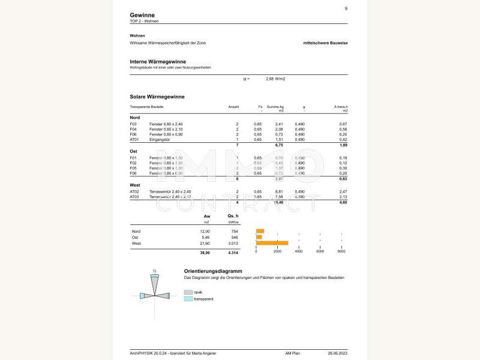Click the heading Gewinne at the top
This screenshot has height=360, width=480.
coord(142,15)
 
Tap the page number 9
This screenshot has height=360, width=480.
coord(346,8)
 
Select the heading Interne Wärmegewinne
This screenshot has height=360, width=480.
coord(158,61)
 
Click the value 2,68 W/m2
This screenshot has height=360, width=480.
coord(275,79)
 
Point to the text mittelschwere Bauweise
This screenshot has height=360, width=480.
coord(325,43)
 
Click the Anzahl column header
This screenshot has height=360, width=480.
coord(233,107)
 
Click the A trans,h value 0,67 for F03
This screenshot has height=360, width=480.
coord(343,124)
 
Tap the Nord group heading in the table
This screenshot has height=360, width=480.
coord(135,117)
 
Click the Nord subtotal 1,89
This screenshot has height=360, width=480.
coord(343,145)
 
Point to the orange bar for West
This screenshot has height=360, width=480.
coord(272,243)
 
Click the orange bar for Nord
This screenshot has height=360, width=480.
coord(260,231)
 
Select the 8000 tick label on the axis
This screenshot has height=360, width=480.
coord(341,251)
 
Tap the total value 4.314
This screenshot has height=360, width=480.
coord(233,253)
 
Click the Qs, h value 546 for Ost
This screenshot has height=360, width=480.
coord(235,237)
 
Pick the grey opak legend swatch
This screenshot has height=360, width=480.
coord(188,292)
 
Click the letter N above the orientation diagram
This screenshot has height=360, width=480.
coord(155,271)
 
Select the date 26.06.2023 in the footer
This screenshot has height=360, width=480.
coord(338,353)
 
